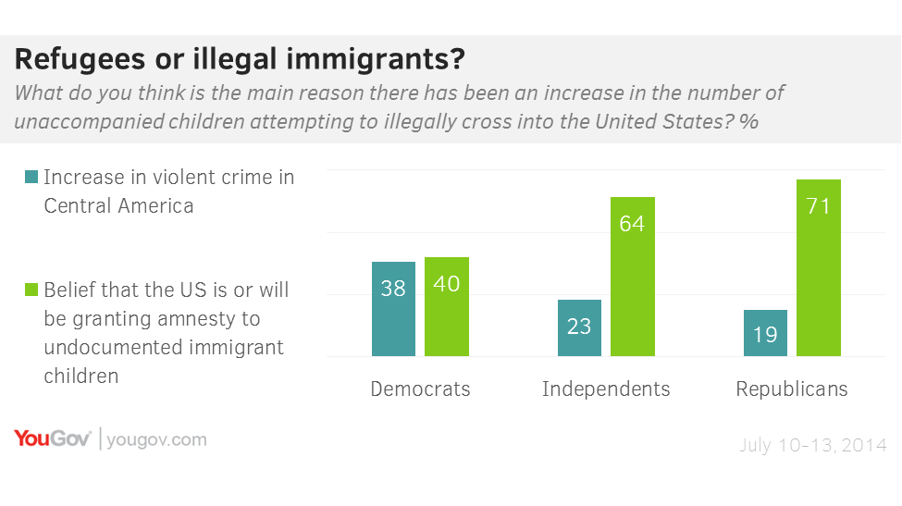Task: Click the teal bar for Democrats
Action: (393, 309)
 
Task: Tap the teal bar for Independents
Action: (579, 328)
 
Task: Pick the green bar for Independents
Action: (633, 277)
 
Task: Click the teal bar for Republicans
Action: (765, 333)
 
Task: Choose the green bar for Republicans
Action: (819, 267)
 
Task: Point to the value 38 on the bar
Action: (393, 289)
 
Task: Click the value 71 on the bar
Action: (819, 205)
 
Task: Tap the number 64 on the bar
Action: (633, 223)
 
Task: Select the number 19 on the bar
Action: (765, 335)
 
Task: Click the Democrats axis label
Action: (420, 389)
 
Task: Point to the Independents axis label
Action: (606, 389)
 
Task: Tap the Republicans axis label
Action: (792, 389)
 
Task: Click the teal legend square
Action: (32, 177)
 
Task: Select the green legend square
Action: (32, 290)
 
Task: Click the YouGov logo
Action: (52, 439)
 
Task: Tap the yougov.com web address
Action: (156, 440)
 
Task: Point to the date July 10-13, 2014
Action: (813, 446)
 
